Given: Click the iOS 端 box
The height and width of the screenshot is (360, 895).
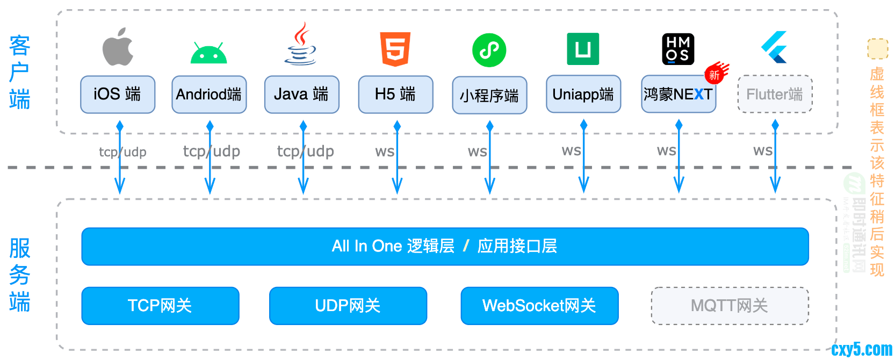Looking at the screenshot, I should click(118, 95).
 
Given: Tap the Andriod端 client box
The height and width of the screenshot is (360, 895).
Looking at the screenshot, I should click(209, 95).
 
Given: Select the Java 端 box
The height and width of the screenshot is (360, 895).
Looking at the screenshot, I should click(301, 95).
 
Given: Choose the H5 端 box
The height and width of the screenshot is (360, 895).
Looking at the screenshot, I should click(395, 95).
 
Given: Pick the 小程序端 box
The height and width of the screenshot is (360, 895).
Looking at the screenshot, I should click(489, 95).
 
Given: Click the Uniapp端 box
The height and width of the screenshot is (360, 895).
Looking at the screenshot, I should click(583, 94).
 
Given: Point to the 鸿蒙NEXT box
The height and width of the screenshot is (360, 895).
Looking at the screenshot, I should click(678, 95).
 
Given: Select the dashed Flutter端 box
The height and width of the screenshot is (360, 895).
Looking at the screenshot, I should click(775, 95).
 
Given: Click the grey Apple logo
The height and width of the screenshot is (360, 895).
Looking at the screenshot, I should click(118, 47).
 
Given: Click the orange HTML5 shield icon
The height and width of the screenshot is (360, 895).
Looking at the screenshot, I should click(395, 49).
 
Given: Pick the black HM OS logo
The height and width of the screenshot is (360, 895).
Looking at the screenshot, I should click(678, 49).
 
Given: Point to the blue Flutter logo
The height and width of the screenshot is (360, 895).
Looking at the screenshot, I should click(775, 47).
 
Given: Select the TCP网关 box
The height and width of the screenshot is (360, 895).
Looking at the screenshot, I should click(160, 306).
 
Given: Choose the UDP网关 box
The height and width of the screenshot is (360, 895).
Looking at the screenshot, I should click(348, 306).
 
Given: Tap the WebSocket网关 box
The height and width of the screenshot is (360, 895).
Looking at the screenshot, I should click(539, 306).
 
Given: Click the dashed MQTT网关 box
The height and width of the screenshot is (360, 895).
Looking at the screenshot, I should click(730, 306).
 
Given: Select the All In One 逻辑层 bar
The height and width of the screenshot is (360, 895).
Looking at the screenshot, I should click(445, 247).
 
